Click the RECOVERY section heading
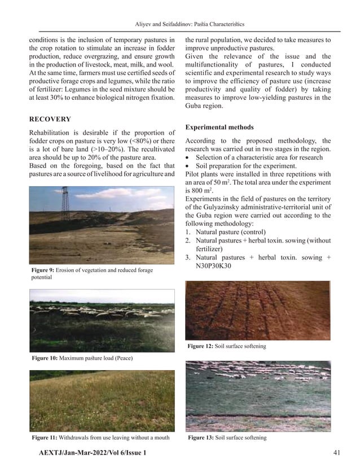tap(50, 119)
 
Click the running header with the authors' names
tap(186, 24)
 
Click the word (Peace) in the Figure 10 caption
tap(125, 358)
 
